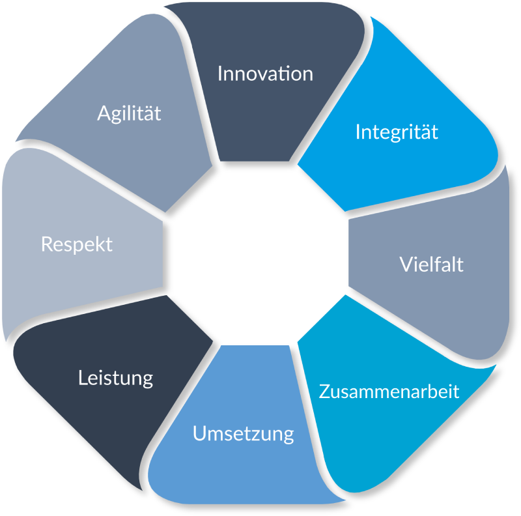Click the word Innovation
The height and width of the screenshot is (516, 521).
[265, 73]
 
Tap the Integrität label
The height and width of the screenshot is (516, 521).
[397, 132]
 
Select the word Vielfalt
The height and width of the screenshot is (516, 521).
[431, 265]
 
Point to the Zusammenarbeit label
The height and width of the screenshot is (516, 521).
[389, 392]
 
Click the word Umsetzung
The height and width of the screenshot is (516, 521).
[243, 434]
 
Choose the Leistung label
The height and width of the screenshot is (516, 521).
[115, 377]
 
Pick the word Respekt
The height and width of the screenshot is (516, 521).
[76, 244]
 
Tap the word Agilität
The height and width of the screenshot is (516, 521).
[129, 113]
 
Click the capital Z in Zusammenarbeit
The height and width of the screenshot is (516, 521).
[324, 392]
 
